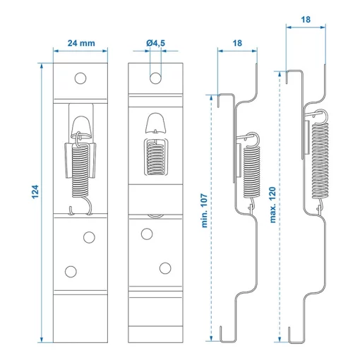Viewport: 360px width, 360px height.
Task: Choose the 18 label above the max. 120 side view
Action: (x=305, y=21)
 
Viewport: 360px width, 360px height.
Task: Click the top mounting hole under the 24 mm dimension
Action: (x=81, y=77)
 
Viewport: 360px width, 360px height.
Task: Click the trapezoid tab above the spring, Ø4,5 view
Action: (x=155, y=124)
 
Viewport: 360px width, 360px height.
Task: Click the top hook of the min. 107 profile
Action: (x=222, y=100)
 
